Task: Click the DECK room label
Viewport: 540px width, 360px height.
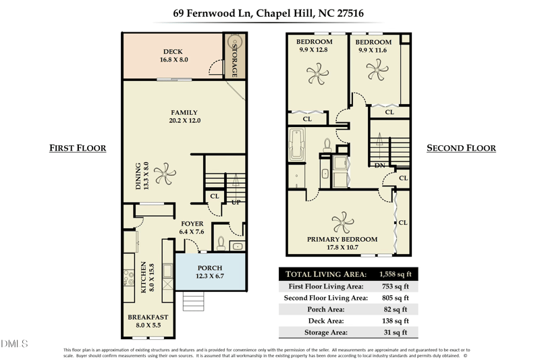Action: [x=173, y=51]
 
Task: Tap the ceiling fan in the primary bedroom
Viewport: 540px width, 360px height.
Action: [x=344, y=221]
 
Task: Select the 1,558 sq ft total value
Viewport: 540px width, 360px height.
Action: [x=394, y=274]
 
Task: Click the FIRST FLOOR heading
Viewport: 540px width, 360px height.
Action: [x=78, y=148]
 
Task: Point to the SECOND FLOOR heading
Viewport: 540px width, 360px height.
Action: [x=461, y=148]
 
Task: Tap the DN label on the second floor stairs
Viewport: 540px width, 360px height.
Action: [x=379, y=165]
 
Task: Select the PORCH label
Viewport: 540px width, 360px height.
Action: [x=210, y=268]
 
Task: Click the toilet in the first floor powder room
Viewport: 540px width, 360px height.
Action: [x=221, y=242]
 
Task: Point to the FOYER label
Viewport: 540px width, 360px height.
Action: [x=192, y=224]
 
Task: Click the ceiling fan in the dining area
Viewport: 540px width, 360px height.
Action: [x=164, y=175]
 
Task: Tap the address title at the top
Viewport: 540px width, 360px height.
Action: [x=269, y=13]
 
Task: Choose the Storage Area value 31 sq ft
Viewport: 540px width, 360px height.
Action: [x=396, y=332]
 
